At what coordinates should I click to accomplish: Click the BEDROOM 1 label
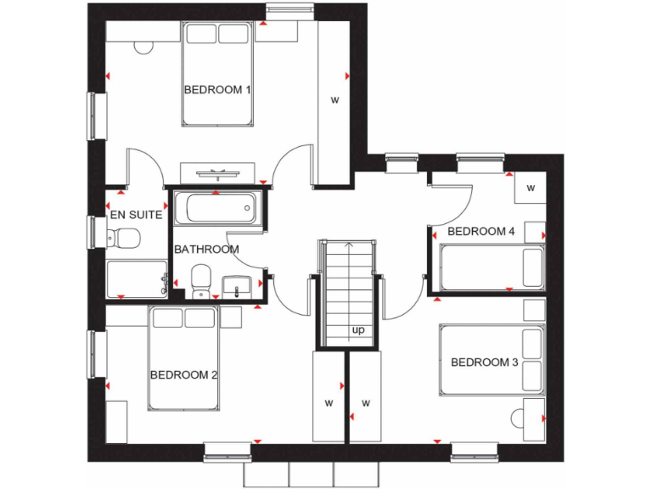(216, 89)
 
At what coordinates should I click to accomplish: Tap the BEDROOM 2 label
(184, 374)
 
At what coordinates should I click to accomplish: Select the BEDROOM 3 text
(484, 363)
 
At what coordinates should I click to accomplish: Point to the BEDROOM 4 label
(481, 231)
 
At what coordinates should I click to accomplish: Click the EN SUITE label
(135, 215)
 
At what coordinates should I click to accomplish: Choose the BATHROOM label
(206, 250)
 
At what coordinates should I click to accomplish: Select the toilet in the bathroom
(201, 280)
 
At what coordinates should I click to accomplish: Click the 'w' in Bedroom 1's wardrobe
(334, 100)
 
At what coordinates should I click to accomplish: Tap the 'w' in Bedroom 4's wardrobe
(531, 188)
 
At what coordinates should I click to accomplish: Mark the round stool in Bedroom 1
(142, 42)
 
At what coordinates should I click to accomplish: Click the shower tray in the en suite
(137, 278)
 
